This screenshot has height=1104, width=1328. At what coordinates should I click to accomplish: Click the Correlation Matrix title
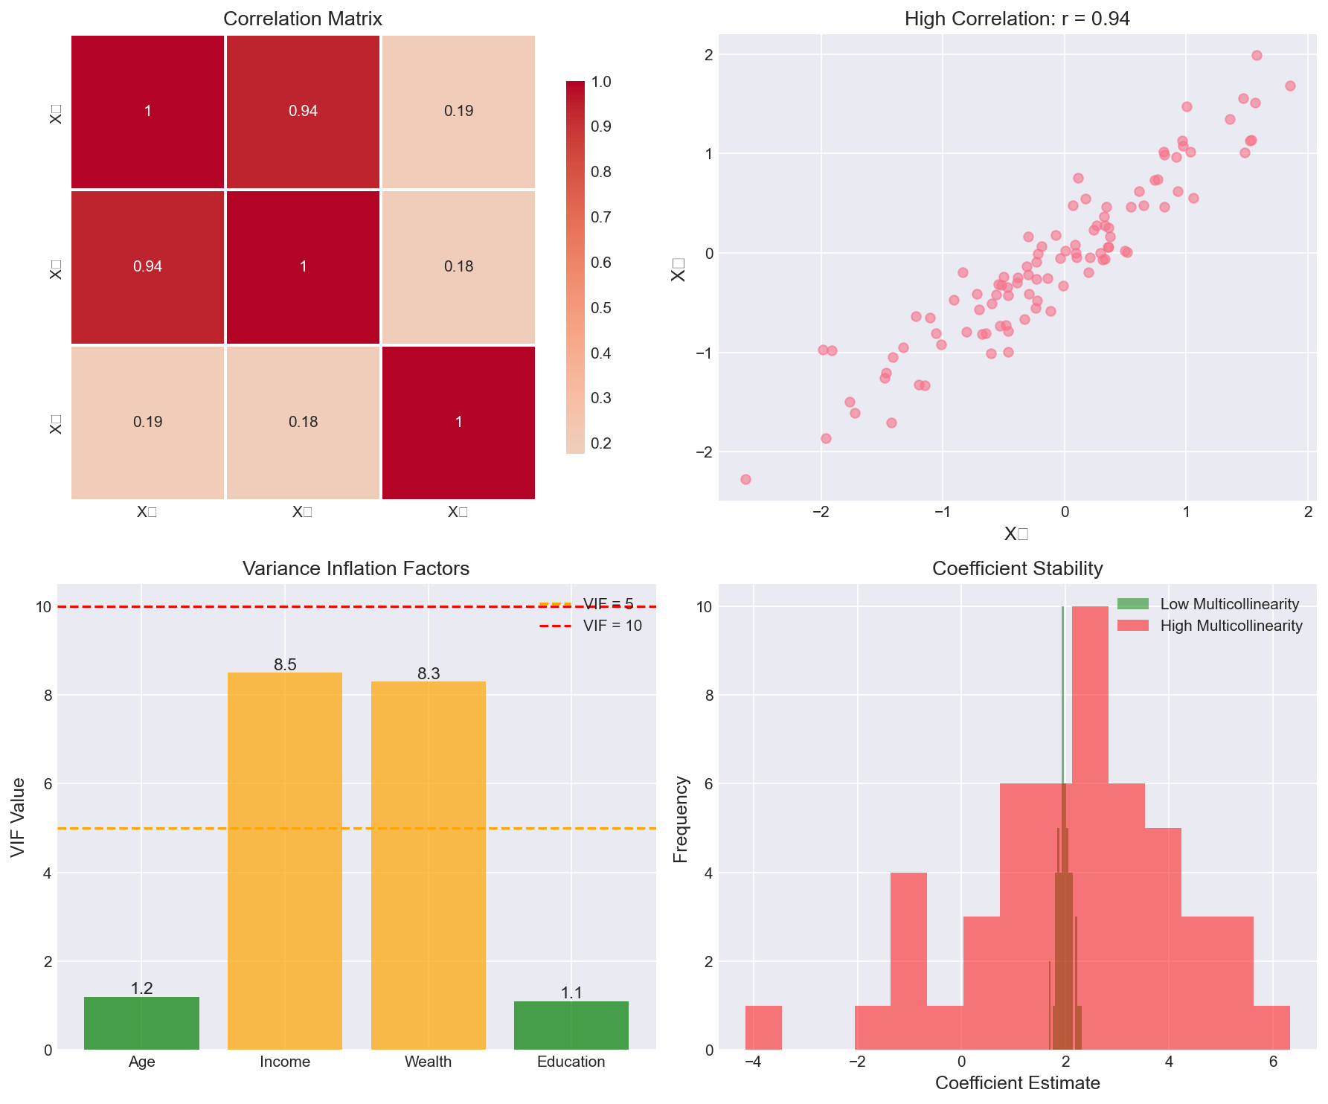click(303, 19)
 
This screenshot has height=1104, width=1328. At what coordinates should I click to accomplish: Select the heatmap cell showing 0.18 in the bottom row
click(303, 422)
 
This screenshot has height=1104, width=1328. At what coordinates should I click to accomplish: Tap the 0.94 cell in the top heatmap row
click(303, 112)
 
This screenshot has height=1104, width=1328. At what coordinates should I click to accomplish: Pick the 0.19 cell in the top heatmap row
click(458, 112)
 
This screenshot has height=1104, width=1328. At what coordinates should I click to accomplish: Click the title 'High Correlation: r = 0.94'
click(1017, 19)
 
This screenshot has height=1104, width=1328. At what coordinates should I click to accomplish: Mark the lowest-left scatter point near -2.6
click(745, 479)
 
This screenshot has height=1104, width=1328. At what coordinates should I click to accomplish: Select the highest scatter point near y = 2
click(1257, 55)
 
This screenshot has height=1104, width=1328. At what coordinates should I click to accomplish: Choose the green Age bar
click(141, 1023)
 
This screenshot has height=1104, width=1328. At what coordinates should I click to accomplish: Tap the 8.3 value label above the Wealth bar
click(429, 674)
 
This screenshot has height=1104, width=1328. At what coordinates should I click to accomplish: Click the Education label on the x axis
click(571, 1062)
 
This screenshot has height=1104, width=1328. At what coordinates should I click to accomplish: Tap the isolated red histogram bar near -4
click(763, 1027)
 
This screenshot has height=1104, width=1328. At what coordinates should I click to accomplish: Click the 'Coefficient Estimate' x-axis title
click(1017, 1083)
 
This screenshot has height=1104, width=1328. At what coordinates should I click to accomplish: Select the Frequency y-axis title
click(680, 819)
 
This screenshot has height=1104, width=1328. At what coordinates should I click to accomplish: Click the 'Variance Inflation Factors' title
click(356, 569)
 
